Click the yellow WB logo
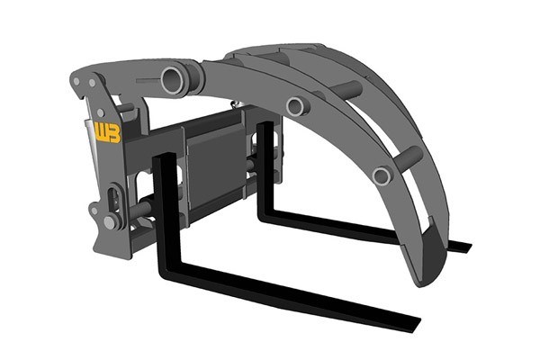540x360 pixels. coord(108,132)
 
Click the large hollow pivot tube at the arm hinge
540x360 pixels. coord(172,81)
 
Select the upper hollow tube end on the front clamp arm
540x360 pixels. coord(296,106)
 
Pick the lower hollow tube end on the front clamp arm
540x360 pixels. coord(382,175)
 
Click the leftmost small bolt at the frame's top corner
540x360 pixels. coord(76,81)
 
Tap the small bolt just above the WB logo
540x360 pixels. coord(101,112)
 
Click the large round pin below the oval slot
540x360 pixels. coord(110,222)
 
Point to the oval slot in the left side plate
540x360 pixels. coord(114,200)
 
